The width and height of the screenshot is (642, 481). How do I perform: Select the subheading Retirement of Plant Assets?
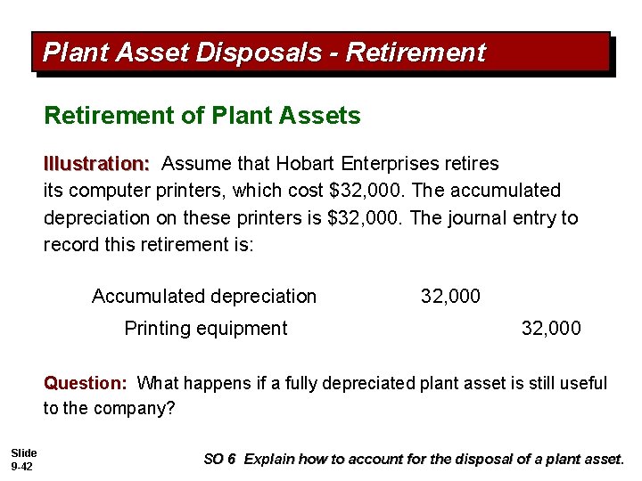pos(202,116)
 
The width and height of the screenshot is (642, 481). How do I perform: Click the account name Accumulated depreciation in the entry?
pos(204,296)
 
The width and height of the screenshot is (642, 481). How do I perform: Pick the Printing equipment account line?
pos(206,328)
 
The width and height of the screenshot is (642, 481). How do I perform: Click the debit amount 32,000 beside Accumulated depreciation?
pos(450,296)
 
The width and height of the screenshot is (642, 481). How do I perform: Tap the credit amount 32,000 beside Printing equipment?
pos(551,328)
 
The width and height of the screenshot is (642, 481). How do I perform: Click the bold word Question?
pos(86,383)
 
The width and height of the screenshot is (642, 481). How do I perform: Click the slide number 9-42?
pos(22,466)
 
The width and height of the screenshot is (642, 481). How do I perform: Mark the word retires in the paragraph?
pos(473,164)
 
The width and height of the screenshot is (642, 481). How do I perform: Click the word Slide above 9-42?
pos(24,453)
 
